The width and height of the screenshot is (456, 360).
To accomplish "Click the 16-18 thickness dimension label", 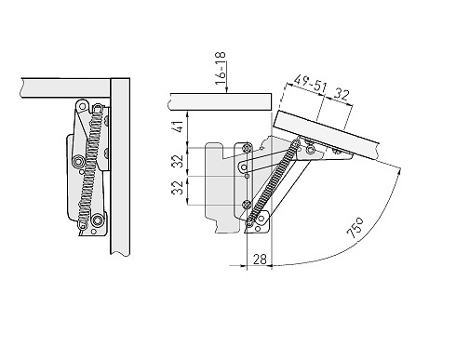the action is click(221, 69).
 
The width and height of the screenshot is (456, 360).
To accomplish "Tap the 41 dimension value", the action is click(178, 127).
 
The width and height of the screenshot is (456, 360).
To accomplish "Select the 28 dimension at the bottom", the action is click(260, 260).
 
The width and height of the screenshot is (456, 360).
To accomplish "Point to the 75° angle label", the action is click(355, 228).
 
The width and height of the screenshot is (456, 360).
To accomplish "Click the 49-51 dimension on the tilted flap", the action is click(310, 83).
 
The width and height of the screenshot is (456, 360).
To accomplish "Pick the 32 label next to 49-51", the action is click(342, 95).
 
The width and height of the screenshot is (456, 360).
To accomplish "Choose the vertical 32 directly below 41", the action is click(178, 161).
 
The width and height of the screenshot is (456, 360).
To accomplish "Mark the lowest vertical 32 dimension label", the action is click(178, 188).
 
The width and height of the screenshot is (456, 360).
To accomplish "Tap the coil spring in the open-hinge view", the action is click(273, 183).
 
